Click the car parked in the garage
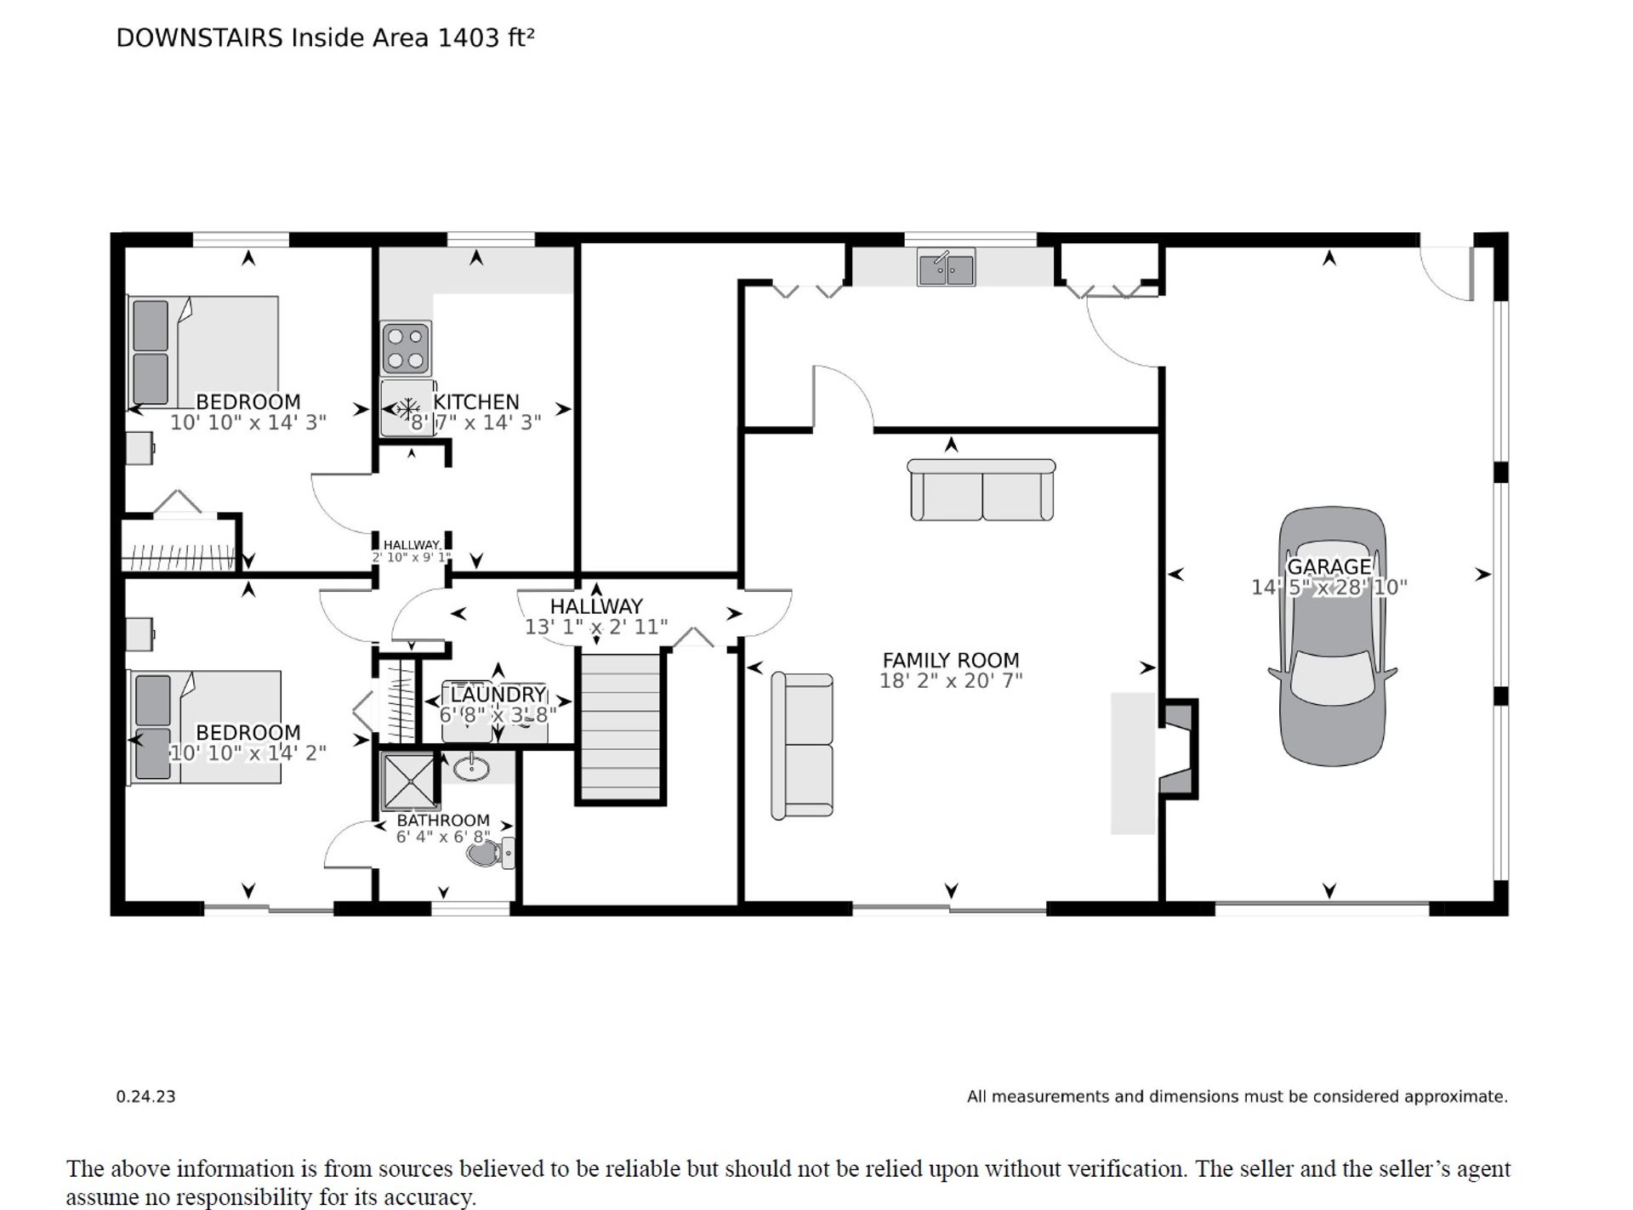(1332, 637)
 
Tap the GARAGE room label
(1329, 566)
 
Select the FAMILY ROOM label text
(950, 660)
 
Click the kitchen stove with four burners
(406, 348)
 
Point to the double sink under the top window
(946, 267)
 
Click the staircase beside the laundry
(620, 725)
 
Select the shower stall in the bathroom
(409, 780)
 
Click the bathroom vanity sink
(471, 768)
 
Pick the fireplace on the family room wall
(1178, 749)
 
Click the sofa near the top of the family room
(982, 490)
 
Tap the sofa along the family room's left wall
(802, 746)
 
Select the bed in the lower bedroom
(204, 727)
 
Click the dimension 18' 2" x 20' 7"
(951, 680)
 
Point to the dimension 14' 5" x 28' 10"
(1329, 587)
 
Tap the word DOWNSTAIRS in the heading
(199, 38)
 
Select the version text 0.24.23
(145, 1097)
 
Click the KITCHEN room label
(476, 401)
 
